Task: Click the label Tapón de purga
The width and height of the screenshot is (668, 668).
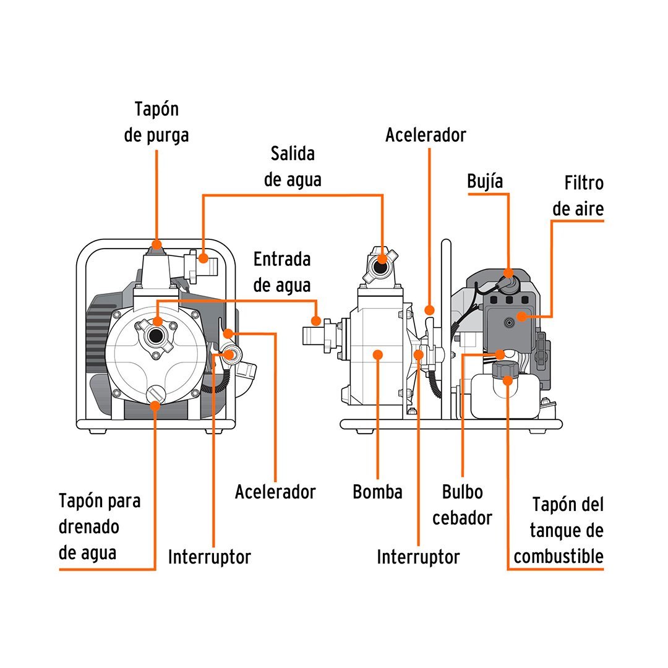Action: (156, 122)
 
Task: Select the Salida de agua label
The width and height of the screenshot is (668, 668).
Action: (293, 166)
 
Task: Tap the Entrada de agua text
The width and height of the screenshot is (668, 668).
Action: (282, 272)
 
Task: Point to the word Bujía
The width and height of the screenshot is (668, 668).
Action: (485, 181)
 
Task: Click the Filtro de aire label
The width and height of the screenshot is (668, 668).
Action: (579, 196)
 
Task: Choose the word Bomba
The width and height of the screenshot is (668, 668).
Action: (377, 492)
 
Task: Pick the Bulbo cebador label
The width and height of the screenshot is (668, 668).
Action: (462, 505)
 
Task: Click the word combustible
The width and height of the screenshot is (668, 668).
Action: (559, 556)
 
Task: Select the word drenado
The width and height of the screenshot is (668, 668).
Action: (89, 526)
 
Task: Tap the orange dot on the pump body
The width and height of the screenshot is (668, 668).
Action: (378, 354)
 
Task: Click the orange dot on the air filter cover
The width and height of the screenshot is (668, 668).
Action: (521, 317)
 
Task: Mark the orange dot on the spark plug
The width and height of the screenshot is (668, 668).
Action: (508, 273)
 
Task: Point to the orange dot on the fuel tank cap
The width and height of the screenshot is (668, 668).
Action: (508, 380)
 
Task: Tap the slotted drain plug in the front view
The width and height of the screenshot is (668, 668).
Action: (156, 393)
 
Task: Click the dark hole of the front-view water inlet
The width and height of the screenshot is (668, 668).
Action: (157, 336)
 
